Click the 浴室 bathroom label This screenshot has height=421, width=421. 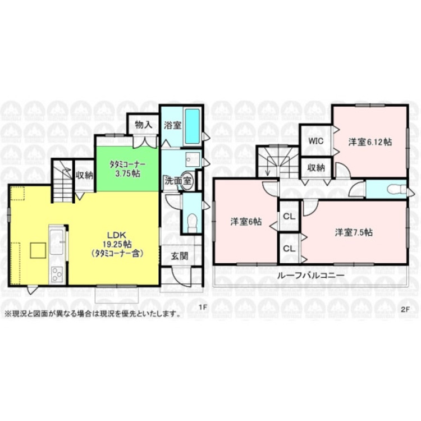[172, 125]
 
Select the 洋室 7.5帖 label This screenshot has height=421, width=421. [354, 232]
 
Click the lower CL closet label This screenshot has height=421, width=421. [290, 248]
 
